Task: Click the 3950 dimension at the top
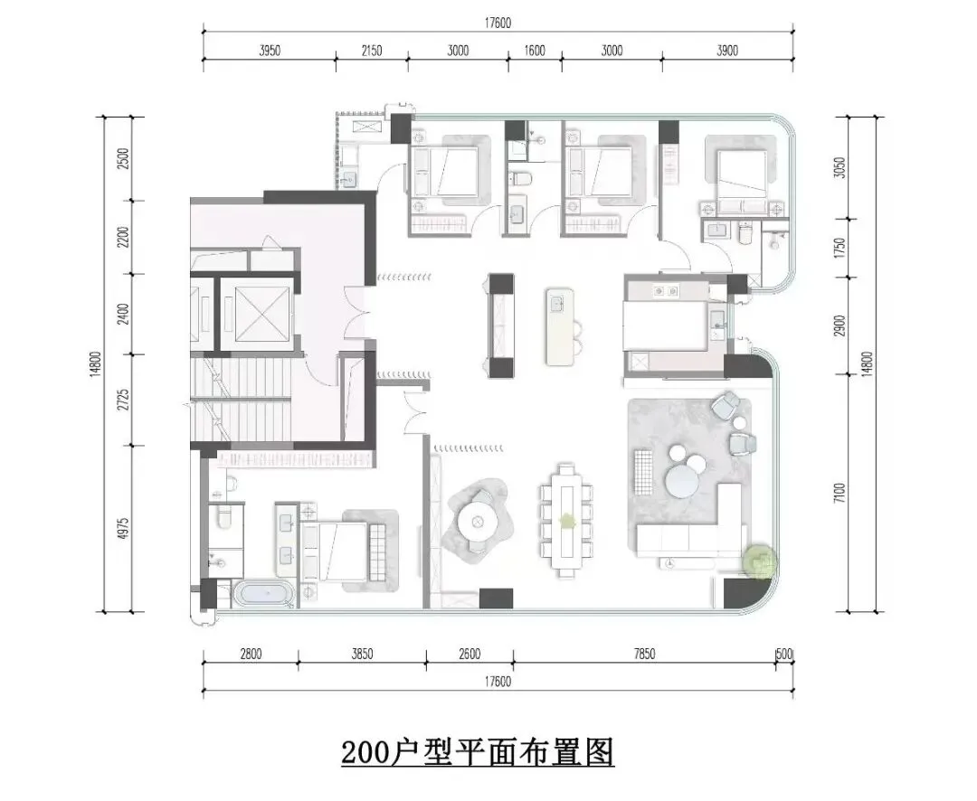point(270,51)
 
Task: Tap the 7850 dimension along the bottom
point(644,654)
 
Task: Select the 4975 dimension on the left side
point(123,529)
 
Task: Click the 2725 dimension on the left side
point(123,400)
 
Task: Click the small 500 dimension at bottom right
point(784,654)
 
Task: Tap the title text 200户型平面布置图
point(478,752)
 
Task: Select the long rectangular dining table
point(566,520)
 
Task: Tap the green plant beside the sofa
point(761,561)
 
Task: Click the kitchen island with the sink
point(559,325)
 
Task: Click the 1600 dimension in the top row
point(536,51)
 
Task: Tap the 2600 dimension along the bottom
point(470,654)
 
